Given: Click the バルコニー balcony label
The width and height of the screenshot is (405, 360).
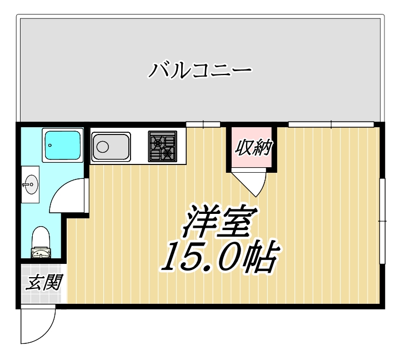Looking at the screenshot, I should [x=200, y=71].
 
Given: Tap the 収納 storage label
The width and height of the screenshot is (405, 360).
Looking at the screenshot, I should [x=253, y=147].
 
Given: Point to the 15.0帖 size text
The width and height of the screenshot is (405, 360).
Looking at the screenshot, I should [x=218, y=256].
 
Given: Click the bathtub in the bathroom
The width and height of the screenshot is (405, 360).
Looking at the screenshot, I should [x=62, y=145].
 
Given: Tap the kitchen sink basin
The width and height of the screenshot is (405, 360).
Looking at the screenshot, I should [x=110, y=147].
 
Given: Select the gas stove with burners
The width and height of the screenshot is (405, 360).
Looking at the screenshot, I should [x=162, y=146].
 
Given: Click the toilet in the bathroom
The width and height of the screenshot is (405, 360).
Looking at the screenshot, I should [x=41, y=243].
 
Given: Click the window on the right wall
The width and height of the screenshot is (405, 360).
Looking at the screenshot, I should [x=383, y=221].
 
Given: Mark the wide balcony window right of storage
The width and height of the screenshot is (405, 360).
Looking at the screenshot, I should [x=331, y=123].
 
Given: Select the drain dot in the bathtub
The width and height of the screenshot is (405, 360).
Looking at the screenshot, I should [x=50, y=146].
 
